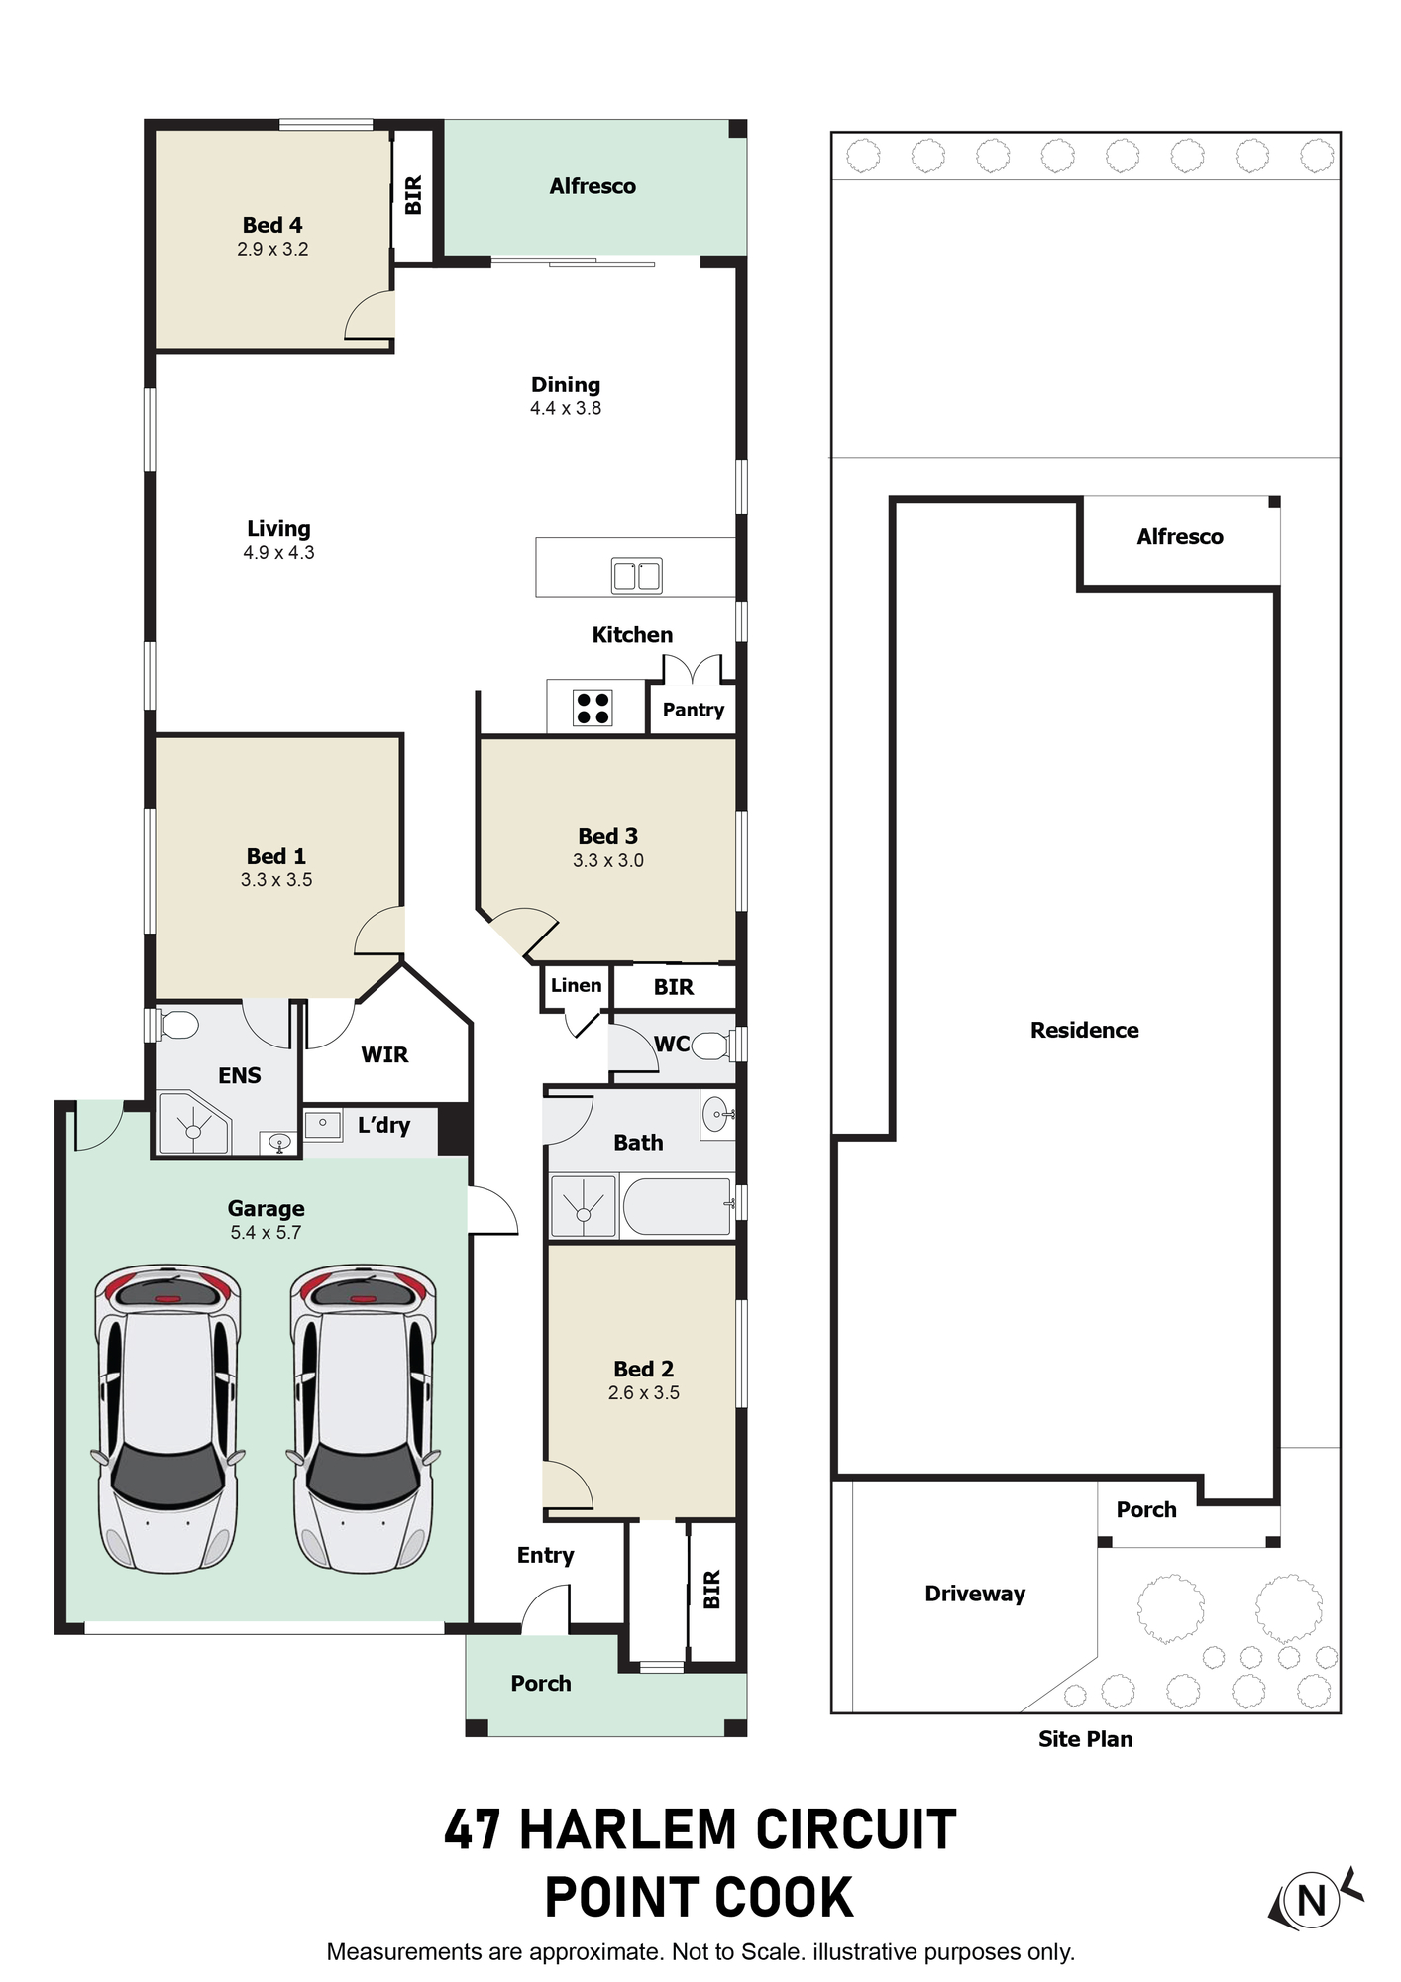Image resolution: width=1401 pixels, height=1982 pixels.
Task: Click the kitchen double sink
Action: [636, 576]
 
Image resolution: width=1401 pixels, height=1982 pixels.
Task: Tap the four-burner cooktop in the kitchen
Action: [593, 708]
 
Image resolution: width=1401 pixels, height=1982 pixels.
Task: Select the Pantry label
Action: [694, 710]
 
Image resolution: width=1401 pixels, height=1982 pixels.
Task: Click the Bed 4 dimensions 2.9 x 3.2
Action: [272, 250]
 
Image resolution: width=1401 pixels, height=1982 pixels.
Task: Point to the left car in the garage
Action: [167, 1418]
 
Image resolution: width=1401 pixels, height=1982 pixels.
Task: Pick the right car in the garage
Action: [363, 1418]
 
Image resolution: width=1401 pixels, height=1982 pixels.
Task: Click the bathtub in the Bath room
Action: [679, 1205]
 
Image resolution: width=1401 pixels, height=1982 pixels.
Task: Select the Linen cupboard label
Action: [576, 985]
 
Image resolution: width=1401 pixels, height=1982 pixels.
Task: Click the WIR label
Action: [384, 1055]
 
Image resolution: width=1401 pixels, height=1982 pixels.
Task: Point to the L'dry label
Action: [383, 1125]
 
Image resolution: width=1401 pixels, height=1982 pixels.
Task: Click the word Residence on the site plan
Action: [1085, 1031]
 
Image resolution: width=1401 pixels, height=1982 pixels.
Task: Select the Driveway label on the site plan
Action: [975, 1594]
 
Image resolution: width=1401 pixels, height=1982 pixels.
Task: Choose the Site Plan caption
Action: [1086, 1739]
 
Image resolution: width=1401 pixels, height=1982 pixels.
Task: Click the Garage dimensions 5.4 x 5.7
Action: [266, 1233]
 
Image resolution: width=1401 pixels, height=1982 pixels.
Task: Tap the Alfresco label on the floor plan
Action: [593, 186]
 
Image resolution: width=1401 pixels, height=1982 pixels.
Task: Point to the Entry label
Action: [545, 1556]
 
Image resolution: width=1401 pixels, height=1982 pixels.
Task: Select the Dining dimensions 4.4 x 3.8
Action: [566, 408]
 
